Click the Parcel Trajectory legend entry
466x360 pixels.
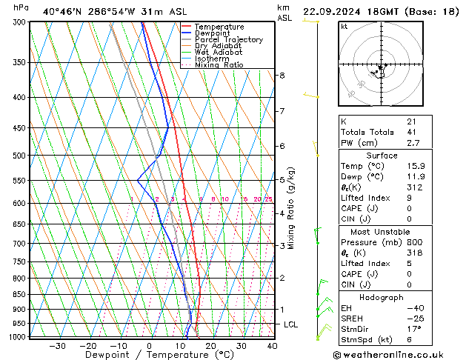(x=228, y=39)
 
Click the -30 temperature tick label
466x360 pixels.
(x=57, y=346)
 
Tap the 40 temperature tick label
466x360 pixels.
(x=272, y=346)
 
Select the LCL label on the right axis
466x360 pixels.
(x=291, y=324)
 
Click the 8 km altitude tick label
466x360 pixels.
(x=282, y=76)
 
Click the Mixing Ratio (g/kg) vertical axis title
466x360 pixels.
(x=292, y=208)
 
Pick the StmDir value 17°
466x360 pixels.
(x=413, y=329)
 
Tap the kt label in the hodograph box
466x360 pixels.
(x=344, y=27)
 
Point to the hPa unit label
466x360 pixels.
(x=21, y=7)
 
